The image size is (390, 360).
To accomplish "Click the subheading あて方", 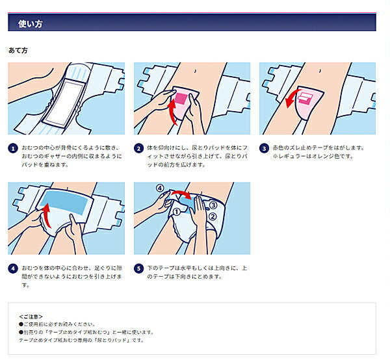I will tap(18, 50).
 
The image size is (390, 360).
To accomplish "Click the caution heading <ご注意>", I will tap(32, 316).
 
